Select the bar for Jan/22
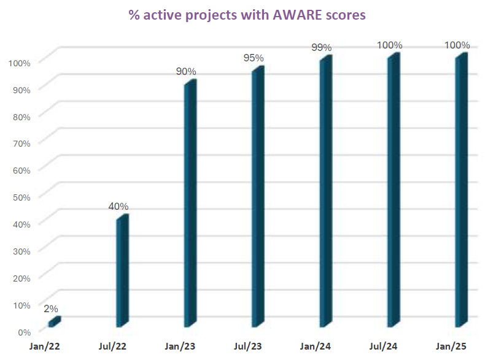(x=54, y=321)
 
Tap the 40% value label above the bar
(x=119, y=207)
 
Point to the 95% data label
(x=254, y=58)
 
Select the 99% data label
(x=322, y=47)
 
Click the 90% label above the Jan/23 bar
(x=187, y=71)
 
